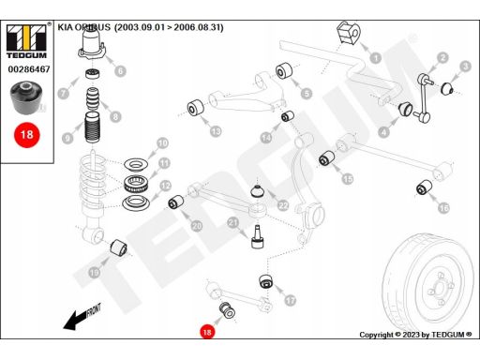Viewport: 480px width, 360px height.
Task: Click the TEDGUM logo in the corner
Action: tap(26, 40)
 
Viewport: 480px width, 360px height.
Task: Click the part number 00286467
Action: tap(29, 69)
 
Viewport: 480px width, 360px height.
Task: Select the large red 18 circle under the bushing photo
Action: tap(27, 135)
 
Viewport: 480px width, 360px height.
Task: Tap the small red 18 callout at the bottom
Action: tap(207, 332)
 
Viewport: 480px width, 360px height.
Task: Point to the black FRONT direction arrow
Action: tap(82, 316)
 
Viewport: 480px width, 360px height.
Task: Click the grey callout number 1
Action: tap(375, 58)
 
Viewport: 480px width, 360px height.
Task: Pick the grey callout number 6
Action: tap(120, 71)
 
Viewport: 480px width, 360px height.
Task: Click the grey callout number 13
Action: tap(216, 131)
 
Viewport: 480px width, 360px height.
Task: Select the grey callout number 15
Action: tap(348, 179)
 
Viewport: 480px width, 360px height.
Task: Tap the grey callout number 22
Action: tap(283, 205)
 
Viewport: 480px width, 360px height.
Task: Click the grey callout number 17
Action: tap(291, 301)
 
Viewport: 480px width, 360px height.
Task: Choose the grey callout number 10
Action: tap(162, 143)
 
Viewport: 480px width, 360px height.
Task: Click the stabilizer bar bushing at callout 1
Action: tap(349, 33)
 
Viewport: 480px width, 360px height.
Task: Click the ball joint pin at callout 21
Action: tap(258, 237)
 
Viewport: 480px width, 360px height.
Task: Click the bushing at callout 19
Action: tap(119, 247)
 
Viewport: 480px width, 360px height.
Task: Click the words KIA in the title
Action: tap(66, 27)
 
